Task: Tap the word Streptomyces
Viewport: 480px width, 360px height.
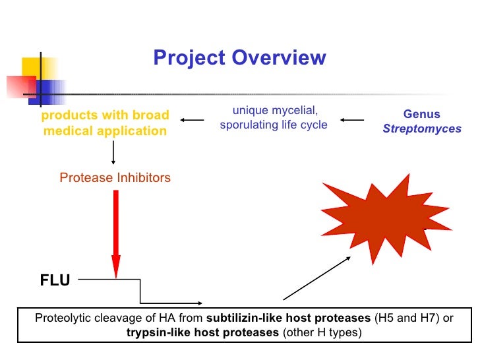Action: click(x=422, y=129)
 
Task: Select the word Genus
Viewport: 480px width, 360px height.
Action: click(x=422, y=114)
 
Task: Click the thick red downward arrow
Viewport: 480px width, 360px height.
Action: click(x=116, y=231)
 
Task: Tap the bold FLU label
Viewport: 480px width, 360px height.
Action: click(x=55, y=281)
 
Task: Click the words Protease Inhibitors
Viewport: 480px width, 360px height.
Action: click(x=115, y=177)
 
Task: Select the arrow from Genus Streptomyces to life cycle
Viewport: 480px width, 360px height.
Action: click(x=352, y=120)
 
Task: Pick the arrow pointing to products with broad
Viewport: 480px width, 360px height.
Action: click(x=193, y=120)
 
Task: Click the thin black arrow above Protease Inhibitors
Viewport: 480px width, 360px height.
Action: click(x=113, y=152)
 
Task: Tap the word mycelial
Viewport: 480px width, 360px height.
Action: click(x=295, y=109)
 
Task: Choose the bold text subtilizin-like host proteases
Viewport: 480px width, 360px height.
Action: click(x=288, y=318)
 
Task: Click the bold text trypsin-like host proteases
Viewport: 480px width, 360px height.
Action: click(x=202, y=332)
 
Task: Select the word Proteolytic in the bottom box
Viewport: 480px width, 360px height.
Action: click(x=63, y=318)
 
